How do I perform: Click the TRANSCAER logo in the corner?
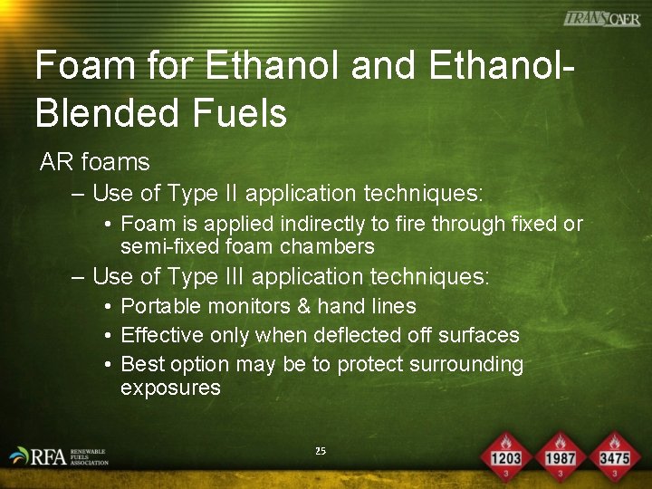point(601,18)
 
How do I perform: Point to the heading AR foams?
point(94,163)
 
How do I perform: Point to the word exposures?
point(170,388)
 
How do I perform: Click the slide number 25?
point(321,451)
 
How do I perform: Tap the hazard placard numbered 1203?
point(505,455)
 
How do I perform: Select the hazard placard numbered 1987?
point(561,455)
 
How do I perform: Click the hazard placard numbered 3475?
point(615,455)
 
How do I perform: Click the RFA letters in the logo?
point(47,456)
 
